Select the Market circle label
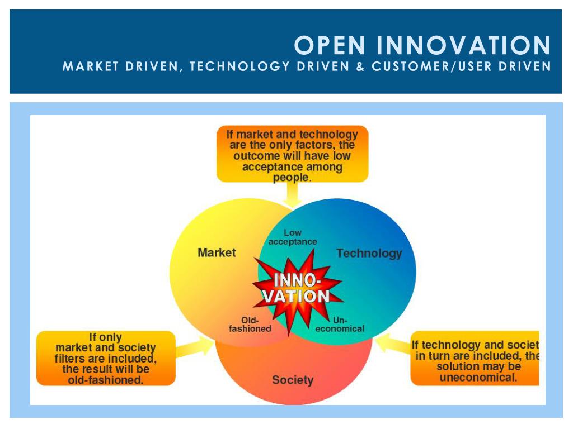point(217,252)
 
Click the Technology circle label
point(369,254)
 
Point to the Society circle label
point(293,380)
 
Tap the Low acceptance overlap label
point(293,237)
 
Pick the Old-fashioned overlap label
point(250,325)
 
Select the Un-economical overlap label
point(340,325)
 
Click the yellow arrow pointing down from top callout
point(292,194)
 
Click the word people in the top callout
point(290,178)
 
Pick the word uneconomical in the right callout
point(478,378)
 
